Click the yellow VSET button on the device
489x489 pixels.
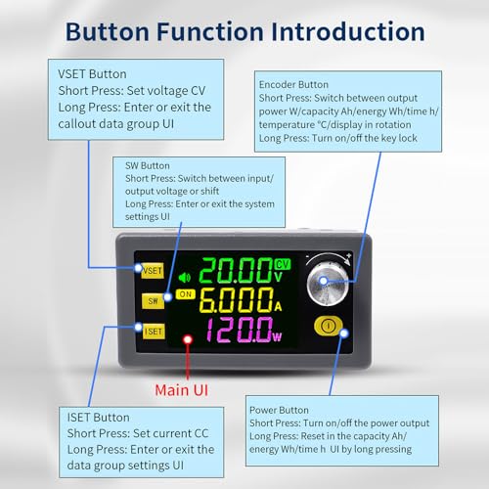(153, 270)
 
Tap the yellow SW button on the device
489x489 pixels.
(153, 299)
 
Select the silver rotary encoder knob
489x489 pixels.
(327, 284)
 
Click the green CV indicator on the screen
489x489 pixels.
(283, 265)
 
